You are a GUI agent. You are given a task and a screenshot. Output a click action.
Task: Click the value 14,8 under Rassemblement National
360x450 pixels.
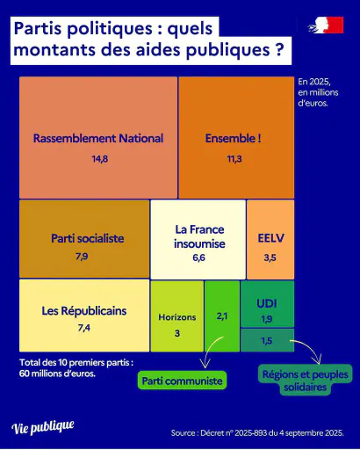[100, 159]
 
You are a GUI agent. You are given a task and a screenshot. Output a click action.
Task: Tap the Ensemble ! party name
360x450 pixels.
[234, 138]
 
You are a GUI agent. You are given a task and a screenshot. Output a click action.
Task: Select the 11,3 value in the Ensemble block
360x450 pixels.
[234, 159]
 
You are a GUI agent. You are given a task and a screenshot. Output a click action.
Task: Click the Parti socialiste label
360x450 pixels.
[88, 238]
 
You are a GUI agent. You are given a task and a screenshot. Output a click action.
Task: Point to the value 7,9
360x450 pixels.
[82, 257]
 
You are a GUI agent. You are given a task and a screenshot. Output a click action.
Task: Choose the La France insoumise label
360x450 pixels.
[199, 236]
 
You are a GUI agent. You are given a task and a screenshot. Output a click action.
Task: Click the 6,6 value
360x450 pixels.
[198, 258]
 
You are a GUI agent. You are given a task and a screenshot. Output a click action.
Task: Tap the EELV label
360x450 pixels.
[270, 238]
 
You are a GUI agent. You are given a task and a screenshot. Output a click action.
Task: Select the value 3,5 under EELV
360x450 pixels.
[270, 258]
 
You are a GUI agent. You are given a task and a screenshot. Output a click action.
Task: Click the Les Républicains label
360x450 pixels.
[84, 311]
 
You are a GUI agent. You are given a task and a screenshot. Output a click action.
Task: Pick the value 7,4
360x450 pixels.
[84, 328]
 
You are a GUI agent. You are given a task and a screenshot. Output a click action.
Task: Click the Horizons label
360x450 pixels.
[177, 317]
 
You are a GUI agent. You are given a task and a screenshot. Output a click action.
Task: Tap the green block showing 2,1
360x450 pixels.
[222, 316]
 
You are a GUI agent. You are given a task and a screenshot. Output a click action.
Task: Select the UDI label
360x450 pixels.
[267, 303]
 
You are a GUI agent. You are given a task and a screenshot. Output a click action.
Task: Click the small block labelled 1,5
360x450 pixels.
[267, 340]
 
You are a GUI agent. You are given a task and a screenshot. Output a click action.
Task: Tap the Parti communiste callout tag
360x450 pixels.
[182, 381]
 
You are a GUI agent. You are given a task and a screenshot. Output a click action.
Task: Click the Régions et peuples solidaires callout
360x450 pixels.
[306, 381]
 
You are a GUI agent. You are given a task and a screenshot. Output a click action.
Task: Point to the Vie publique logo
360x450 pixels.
[43, 427]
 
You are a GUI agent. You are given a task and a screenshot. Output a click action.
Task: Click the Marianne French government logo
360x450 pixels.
[326, 25]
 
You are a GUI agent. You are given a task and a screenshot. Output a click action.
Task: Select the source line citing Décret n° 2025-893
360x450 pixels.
[257, 433]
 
